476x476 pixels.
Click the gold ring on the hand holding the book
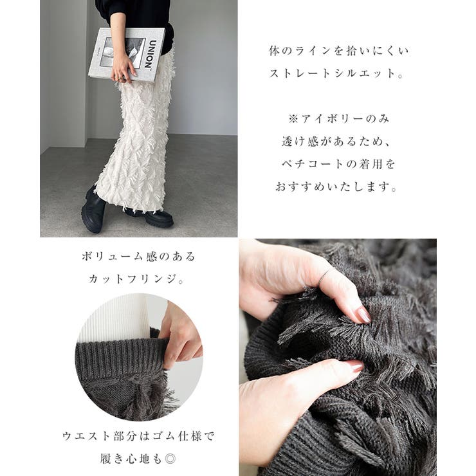(120, 78)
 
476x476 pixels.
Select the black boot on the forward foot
(93, 210)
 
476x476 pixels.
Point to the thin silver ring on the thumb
(325, 276)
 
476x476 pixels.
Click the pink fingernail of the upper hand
(363, 315)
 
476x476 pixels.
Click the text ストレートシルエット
(336, 74)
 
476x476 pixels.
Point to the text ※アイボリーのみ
(338, 119)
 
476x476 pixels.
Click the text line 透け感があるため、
(336, 142)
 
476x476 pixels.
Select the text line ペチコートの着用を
(338, 164)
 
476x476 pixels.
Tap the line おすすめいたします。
(336, 187)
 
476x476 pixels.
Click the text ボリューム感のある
(138, 257)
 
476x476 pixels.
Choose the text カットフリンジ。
(136, 279)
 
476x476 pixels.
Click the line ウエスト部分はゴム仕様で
(138, 436)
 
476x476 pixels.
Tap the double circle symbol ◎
(170, 459)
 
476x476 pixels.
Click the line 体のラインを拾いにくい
(339, 51)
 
